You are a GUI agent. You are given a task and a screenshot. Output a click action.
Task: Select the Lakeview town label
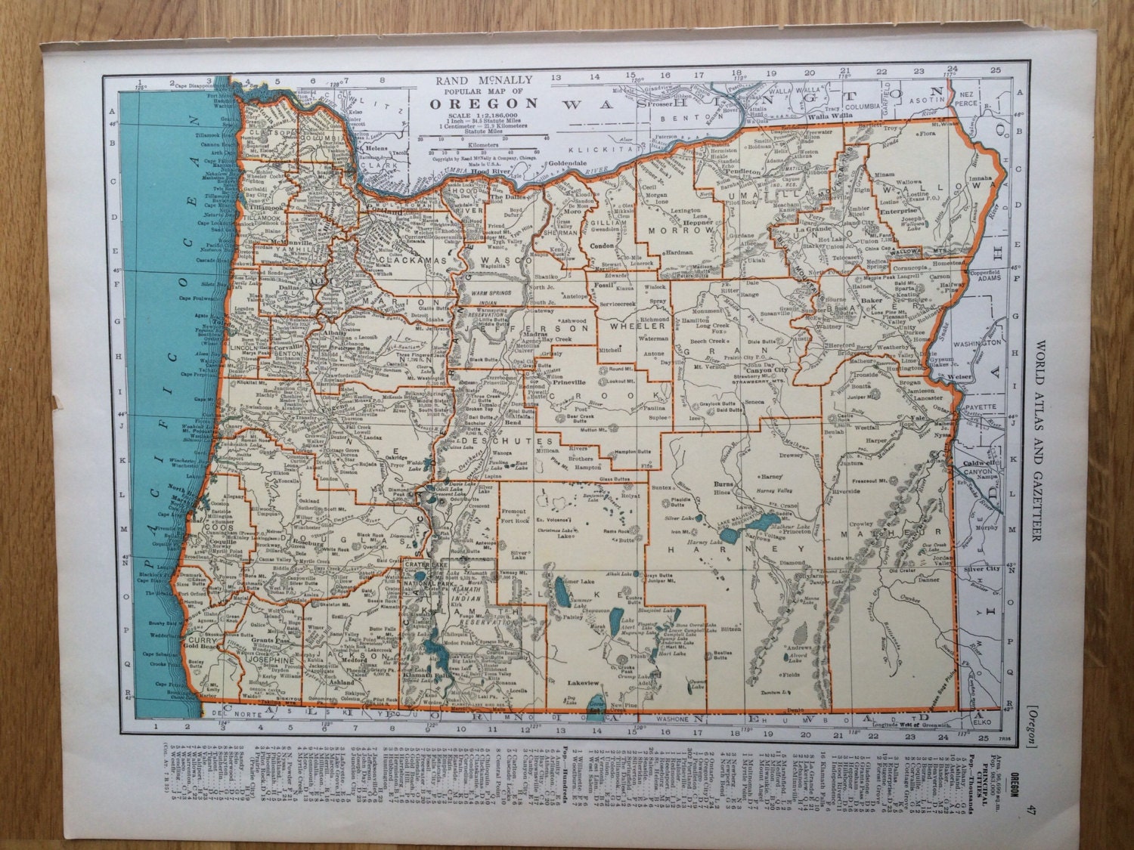[x=583, y=682]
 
